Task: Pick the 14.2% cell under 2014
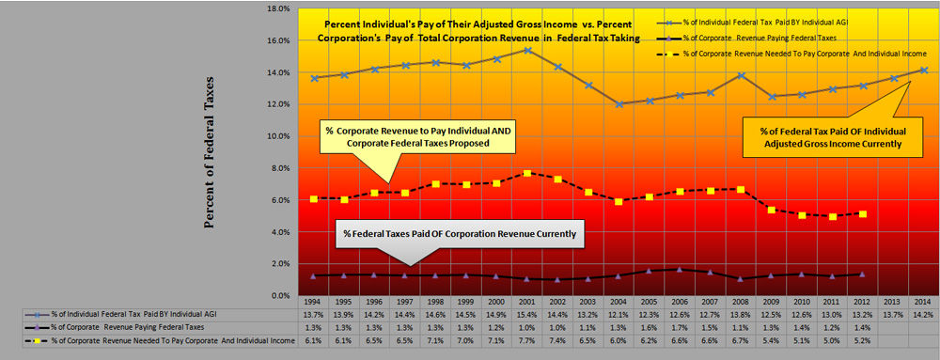point(923,315)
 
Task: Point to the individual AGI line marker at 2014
point(923,70)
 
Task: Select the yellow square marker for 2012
point(862,214)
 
